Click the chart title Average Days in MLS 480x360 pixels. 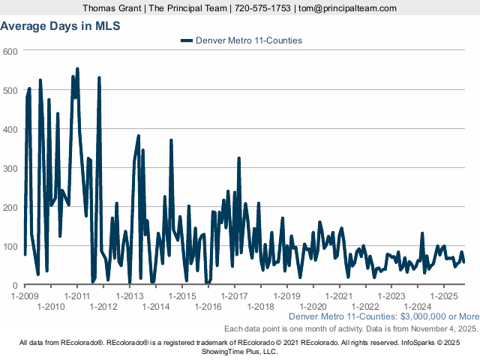60,25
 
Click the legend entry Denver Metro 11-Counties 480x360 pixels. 247,40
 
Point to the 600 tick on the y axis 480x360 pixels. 10,51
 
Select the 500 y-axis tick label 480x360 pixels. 10,90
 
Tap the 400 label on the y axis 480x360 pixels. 10,129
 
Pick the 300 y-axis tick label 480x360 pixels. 10,168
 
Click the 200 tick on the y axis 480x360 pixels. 10,207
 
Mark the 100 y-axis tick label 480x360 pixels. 10,246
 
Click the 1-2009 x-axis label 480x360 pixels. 25,295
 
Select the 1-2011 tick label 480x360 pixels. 77,295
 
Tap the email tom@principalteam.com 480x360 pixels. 347,8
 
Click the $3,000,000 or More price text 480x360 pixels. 436,317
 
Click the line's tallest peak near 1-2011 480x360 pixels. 77,69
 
